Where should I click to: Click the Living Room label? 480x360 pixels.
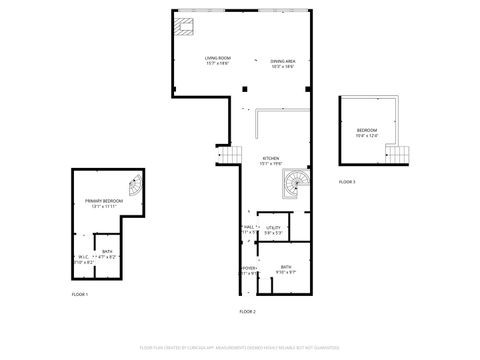tap(218, 61)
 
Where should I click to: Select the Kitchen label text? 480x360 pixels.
tap(271, 159)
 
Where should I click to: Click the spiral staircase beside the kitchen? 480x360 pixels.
tap(296, 185)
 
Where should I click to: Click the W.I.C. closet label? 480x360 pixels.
tap(84, 259)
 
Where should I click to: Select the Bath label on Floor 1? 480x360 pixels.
tap(106, 254)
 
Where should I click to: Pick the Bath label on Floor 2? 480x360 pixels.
tap(285, 268)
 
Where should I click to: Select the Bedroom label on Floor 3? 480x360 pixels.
tap(369, 133)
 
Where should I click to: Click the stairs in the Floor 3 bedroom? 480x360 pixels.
tap(401, 155)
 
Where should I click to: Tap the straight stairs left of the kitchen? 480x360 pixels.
tap(231, 156)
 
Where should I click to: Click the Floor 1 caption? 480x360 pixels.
tap(79, 295)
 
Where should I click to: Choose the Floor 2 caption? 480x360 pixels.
tap(247, 312)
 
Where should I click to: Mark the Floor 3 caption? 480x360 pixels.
tap(346, 182)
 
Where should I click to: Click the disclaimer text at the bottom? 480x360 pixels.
tap(240, 349)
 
